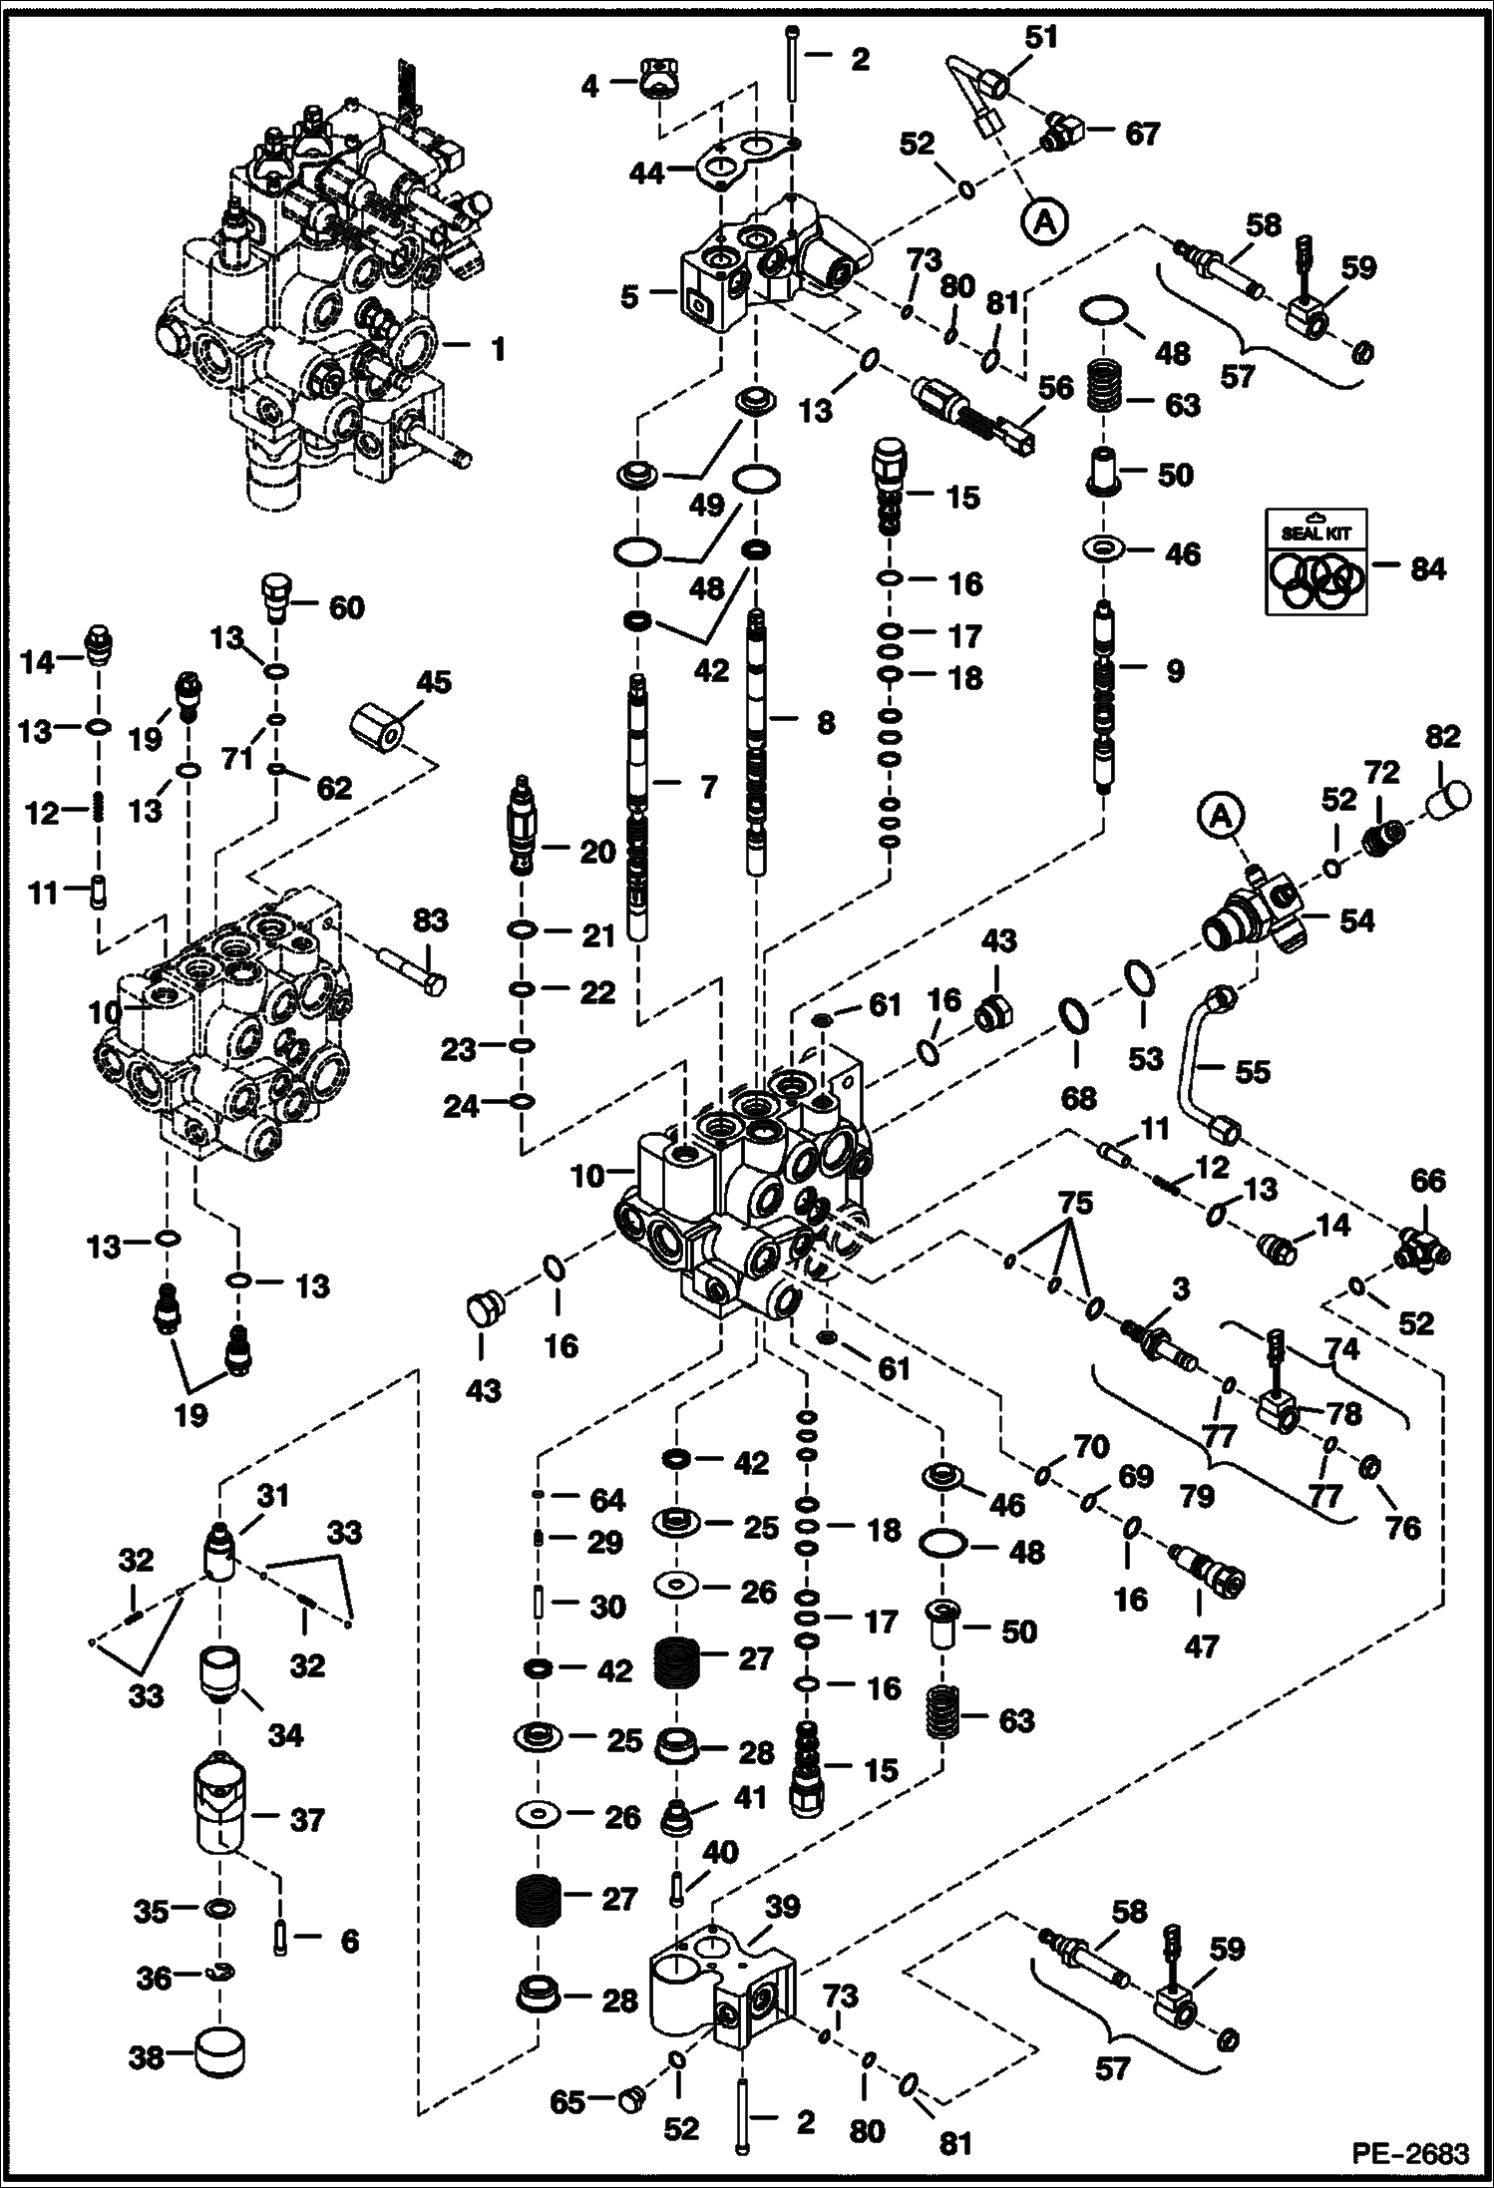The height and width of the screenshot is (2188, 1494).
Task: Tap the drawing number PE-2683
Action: point(1410,2154)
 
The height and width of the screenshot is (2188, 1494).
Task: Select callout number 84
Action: point(1427,569)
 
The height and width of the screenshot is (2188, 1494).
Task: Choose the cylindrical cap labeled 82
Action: point(1448,800)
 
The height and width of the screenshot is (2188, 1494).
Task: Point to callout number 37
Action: point(307,1820)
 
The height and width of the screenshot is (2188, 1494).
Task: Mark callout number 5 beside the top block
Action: point(628,297)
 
